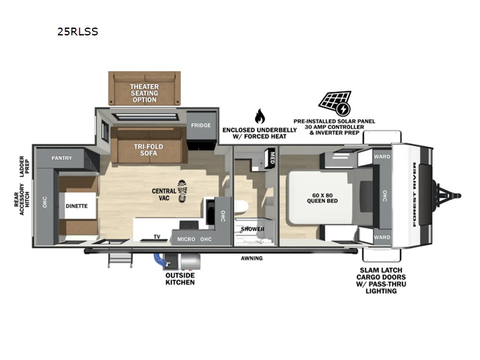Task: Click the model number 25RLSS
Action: click(78, 32)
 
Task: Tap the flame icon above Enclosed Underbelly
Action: click(260, 116)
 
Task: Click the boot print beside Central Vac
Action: click(182, 191)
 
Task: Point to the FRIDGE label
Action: click(201, 125)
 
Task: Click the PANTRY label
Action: click(62, 158)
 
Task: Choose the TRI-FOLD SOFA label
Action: click(148, 149)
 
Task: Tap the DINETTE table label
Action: click(77, 206)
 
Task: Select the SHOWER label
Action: click(253, 229)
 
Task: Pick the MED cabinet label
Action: click(272, 158)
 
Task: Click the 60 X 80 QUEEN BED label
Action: click(322, 198)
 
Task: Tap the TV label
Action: click(157, 236)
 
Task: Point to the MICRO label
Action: click(186, 239)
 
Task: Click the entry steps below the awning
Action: click(121, 261)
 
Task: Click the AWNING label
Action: click(251, 259)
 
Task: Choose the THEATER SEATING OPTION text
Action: click(145, 93)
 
